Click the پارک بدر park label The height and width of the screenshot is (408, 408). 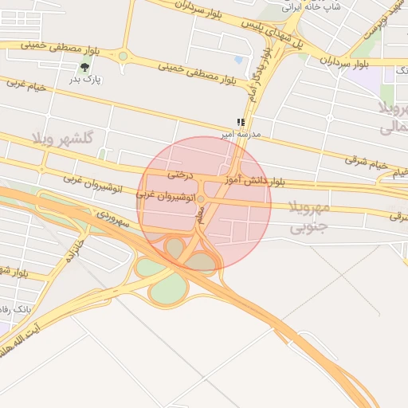pyautogui.click(x=84, y=79)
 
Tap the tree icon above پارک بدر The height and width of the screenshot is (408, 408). pyautogui.click(x=84, y=67)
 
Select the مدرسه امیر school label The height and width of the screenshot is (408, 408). pyautogui.click(x=256, y=134)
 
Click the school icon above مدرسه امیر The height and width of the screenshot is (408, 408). pyautogui.click(x=240, y=122)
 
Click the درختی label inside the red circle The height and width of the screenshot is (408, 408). pyautogui.click(x=180, y=174)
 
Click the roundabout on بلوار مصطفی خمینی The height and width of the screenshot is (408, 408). pyautogui.click(x=123, y=56)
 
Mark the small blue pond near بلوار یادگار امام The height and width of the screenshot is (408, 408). pyautogui.click(x=238, y=60)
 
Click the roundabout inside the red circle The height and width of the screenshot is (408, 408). pyautogui.click(x=202, y=198)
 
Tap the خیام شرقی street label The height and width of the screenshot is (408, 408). pyautogui.click(x=367, y=164)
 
